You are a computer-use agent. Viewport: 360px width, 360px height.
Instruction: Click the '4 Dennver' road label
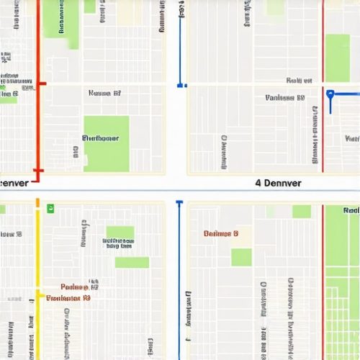coord(288,183)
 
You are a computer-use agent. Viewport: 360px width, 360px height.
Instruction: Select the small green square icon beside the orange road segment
coord(50,208)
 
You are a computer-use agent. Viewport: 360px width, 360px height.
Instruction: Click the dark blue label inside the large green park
coord(100,138)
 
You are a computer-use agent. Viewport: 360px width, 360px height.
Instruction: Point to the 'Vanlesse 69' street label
coord(285,97)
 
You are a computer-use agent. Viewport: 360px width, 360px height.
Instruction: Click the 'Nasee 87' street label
coord(104,94)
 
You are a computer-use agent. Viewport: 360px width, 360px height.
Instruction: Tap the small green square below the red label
coord(241,257)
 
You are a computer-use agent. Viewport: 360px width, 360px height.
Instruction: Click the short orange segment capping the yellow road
coord(37,204)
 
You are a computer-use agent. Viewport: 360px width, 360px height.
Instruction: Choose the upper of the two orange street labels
coord(79,286)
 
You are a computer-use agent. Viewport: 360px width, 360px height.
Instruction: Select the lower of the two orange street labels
coord(68,297)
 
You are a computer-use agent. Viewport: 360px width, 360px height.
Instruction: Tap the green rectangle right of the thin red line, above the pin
coord(337,58)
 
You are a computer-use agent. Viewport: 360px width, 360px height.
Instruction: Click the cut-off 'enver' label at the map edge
coord(14,183)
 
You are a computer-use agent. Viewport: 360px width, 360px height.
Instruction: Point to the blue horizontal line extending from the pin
coord(346,94)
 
